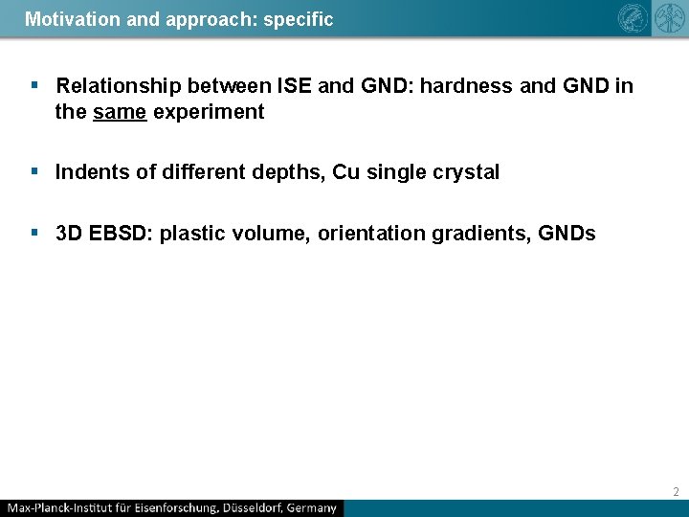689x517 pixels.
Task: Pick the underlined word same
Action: point(120,112)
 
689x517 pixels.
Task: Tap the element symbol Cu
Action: point(345,172)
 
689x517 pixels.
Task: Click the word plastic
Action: point(190,234)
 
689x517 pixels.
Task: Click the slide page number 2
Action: point(676,492)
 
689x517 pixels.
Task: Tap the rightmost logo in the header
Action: point(666,18)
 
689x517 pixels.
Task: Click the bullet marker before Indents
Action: point(34,172)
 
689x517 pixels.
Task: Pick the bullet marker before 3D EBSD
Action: point(34,234)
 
